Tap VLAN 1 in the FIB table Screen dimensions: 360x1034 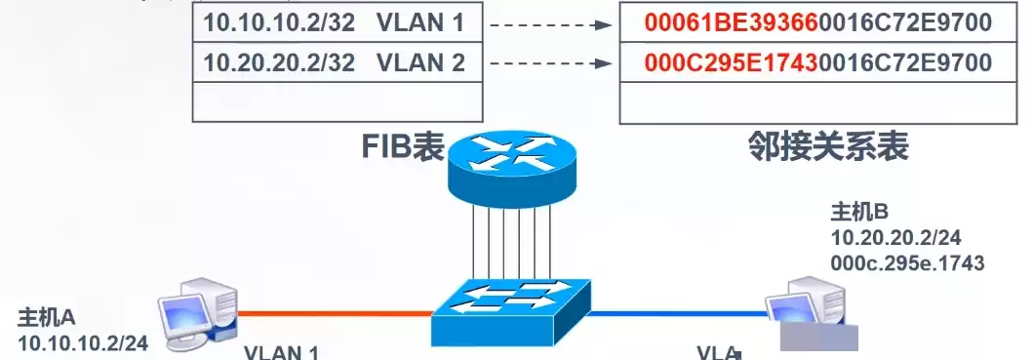coord(415,21)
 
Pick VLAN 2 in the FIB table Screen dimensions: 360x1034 coord(415,63)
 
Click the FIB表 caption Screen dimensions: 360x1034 coord(403,146)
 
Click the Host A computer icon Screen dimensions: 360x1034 coord(201,309)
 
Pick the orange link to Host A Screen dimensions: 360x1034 coord(332,313)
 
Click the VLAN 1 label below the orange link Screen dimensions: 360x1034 coord(281,352)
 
